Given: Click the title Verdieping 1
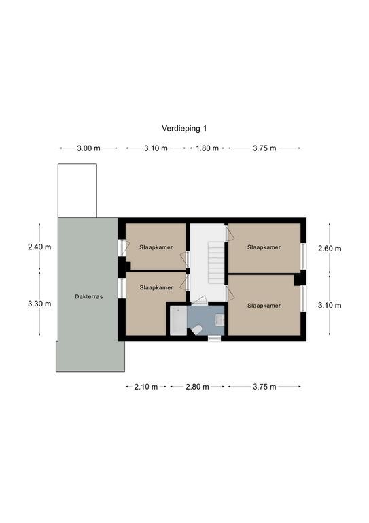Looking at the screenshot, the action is coord(184,129).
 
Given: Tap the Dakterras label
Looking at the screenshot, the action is coord(89,296).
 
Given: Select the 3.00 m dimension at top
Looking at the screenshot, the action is coord(88,148).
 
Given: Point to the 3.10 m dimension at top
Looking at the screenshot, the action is coord(156,148).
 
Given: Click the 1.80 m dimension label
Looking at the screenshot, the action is coord(207,148).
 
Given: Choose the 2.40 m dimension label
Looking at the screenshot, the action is coord(39,247).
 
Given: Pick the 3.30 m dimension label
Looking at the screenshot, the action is coord(39,304).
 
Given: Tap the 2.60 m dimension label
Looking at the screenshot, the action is coord(330,248).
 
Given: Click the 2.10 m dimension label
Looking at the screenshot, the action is coord(146,387).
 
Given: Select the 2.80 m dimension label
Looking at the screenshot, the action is coord(197,387).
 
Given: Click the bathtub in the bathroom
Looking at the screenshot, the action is coord(178,321).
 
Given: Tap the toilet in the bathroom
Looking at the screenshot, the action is coord(196,330).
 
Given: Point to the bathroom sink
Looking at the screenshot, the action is coord(219,319).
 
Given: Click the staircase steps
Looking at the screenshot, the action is coord(216,263).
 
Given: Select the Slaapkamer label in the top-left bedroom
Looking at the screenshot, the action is coord(156,247).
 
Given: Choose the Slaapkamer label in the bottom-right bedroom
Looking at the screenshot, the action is coord(264,306).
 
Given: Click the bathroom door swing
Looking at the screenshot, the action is coord(200,300).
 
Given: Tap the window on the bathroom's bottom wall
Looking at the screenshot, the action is coord(215,338).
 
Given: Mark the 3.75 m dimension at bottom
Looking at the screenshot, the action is coord(264,387).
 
